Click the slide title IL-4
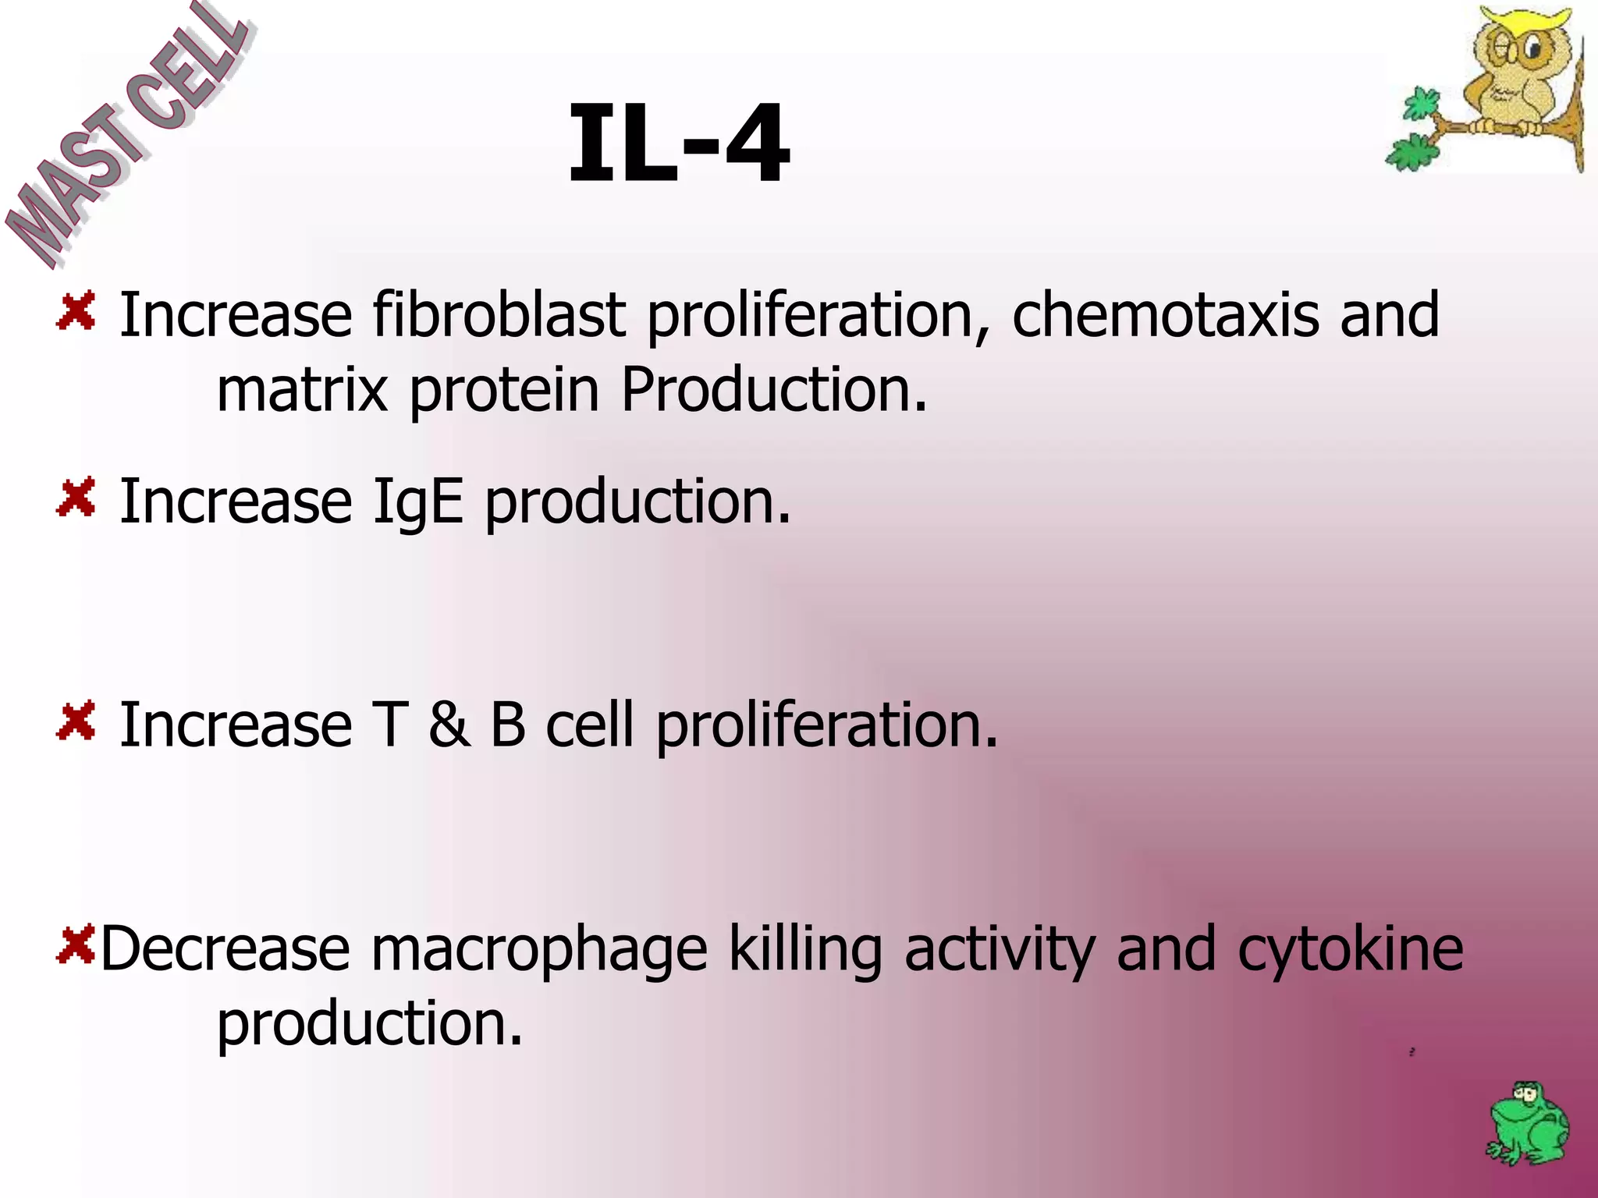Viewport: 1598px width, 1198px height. pos(678,145)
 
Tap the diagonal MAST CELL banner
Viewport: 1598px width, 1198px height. pos(125,136)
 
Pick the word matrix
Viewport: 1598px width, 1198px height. pos(301,389)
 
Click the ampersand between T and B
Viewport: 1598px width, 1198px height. pos(449,725)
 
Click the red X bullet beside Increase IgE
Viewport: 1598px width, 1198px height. pos(76,497)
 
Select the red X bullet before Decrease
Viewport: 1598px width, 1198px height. pos(76,945)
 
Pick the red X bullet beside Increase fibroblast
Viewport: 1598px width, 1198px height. pos(76,310)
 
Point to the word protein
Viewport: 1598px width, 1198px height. pos(504,389)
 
